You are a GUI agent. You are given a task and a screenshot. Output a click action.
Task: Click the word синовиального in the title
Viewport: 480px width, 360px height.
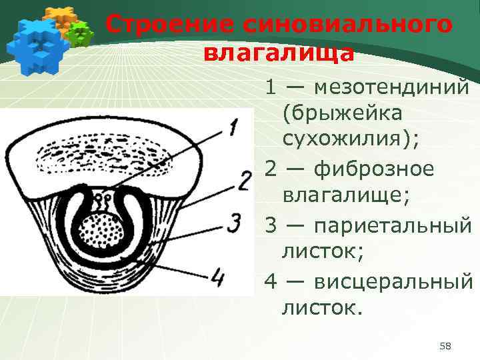(x=338, y=25)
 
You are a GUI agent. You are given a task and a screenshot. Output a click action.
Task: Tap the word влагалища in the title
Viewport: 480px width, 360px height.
(x=279, y=53)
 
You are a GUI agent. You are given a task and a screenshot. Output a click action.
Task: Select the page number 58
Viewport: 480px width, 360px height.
(x=446, y=345)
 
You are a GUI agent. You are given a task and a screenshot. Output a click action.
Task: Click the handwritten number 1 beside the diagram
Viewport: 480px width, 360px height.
(x=231, y=127)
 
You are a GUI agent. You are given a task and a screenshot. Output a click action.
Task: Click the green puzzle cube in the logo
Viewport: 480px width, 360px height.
(x=80, y=34)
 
